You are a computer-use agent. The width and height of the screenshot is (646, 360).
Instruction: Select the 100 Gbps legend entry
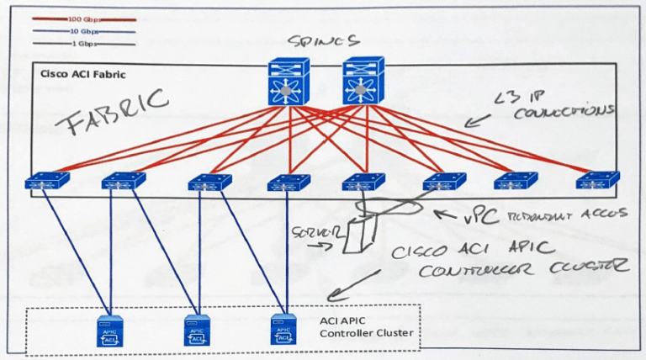click(85, 19)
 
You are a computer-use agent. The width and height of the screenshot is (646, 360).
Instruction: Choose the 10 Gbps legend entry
click(85, 30)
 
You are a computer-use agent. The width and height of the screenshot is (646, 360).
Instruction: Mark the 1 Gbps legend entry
click(85, 42)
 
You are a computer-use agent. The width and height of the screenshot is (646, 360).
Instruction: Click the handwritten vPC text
click(474, 217)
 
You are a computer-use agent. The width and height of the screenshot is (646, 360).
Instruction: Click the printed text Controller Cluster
click(367, 334)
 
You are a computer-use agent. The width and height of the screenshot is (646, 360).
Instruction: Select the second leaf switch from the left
click(123, 181)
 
